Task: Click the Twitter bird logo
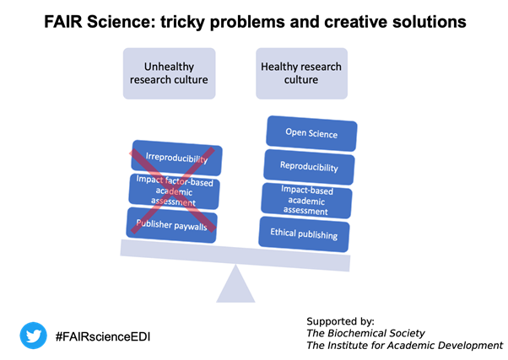coord(34,336)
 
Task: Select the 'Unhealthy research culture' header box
coord(169,73)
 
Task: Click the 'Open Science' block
coord(311,134)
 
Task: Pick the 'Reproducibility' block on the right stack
coord(309,167)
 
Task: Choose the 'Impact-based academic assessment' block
coord(307,199)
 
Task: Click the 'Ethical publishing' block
coord(304,233)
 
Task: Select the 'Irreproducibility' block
coord(177,159)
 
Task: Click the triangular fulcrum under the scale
coord(235,287)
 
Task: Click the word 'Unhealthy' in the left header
coord(169,66)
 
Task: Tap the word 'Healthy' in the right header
coord(280,66)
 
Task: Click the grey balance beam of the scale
coord(235,255)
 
